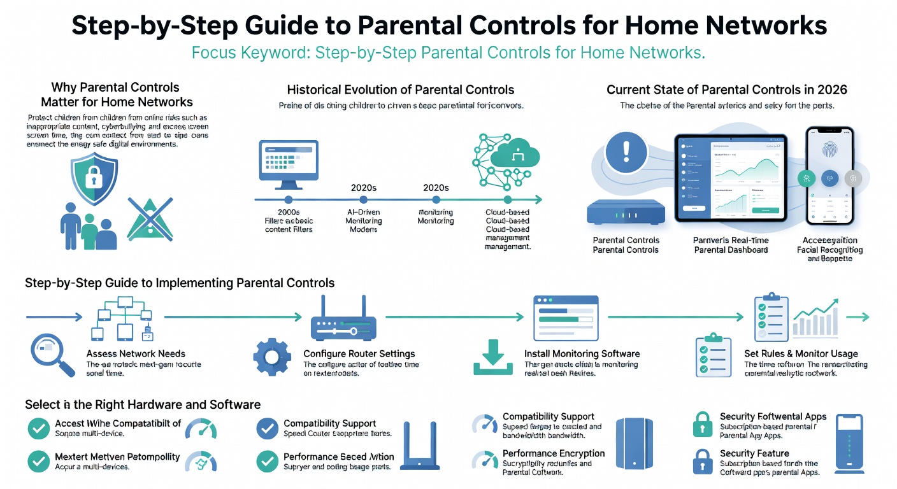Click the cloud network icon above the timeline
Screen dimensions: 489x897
[506, 155]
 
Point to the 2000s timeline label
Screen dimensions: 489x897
[289, 211]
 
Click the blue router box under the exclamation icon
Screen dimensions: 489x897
[626, 212]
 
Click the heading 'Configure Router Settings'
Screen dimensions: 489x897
[359, 353]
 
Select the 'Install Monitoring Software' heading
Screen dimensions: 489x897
[582, 353]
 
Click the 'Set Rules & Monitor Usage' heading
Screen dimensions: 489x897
[801, 353]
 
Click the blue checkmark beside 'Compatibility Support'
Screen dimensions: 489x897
[267, 429]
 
